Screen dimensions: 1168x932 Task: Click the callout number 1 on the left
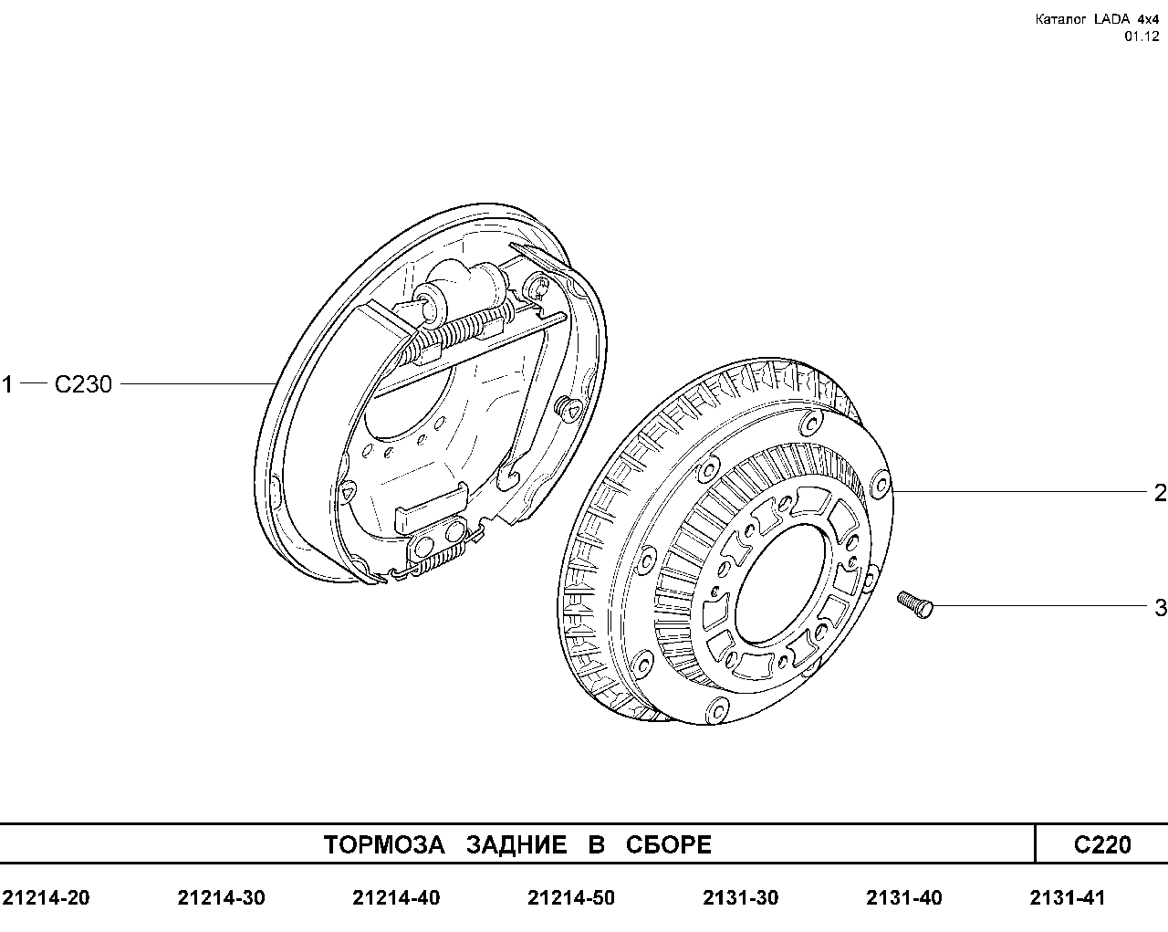coord(6,384)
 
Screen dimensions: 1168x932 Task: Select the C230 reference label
coord(84,384)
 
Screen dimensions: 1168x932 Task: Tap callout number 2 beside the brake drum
coord(1161,493)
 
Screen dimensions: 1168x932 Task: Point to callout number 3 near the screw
coord(1161,608)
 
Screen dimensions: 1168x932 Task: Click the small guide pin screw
coord(915,604)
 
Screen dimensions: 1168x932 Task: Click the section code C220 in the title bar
coord(1102,844)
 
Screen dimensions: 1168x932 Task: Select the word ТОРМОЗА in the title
coord(384,844)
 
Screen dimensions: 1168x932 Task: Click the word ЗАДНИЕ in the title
coord(516,844)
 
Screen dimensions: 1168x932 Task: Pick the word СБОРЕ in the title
coord(668,844)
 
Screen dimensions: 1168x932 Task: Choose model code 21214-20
coord(47,898)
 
